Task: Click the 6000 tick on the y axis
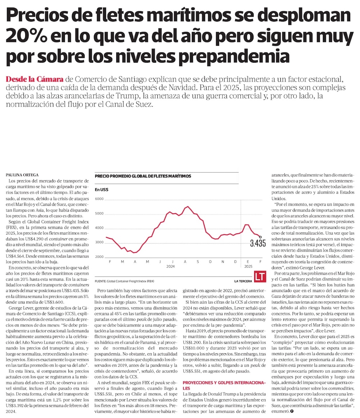[x=99, y=199]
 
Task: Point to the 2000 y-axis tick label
[x=99, y=257]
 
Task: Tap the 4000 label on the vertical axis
[x=99, y=228]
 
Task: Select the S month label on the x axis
[x=198, y=261]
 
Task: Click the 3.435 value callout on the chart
[x=258, y=243]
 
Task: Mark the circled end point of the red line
[x=260, y=237]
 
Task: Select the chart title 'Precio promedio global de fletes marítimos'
[x=143, y=176]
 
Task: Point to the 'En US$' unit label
[x=102, y=189]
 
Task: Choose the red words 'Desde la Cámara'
[x=35, y=79]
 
